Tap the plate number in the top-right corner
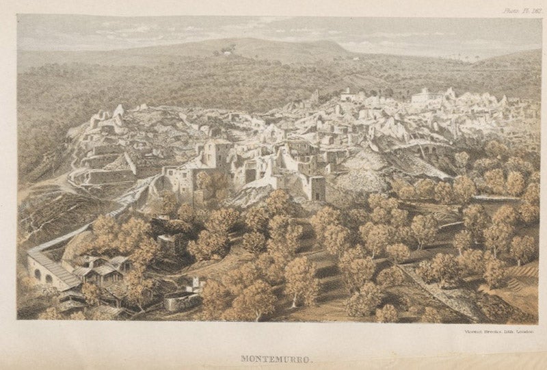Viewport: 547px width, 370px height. [x=518, y=10]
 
